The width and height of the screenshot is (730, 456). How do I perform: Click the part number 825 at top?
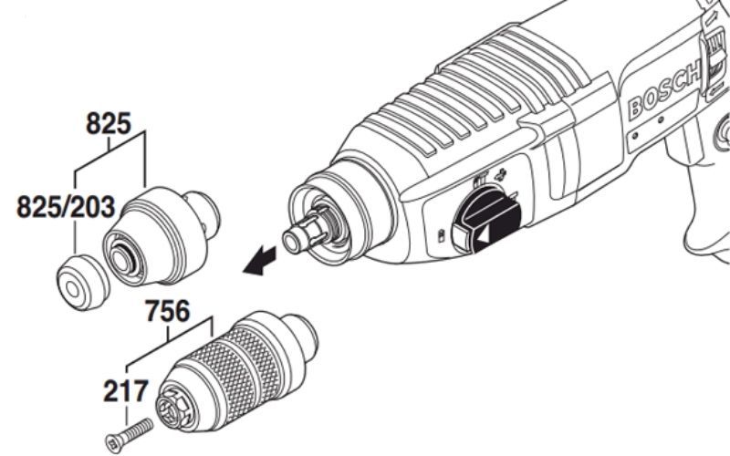point(109,124)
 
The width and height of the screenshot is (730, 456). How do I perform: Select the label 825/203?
point(66,207)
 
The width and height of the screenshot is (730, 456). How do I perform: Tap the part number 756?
point(168,311)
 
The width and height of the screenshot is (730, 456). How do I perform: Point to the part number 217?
point(126,391)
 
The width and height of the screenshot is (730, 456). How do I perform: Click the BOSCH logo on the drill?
point(664,92)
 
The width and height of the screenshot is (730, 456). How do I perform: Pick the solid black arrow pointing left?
point(259,262)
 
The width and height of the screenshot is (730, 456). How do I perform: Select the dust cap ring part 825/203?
point(82,282)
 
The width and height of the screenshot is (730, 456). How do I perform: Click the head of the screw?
point(112,443)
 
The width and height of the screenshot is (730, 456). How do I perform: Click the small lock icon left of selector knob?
point(441,235)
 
